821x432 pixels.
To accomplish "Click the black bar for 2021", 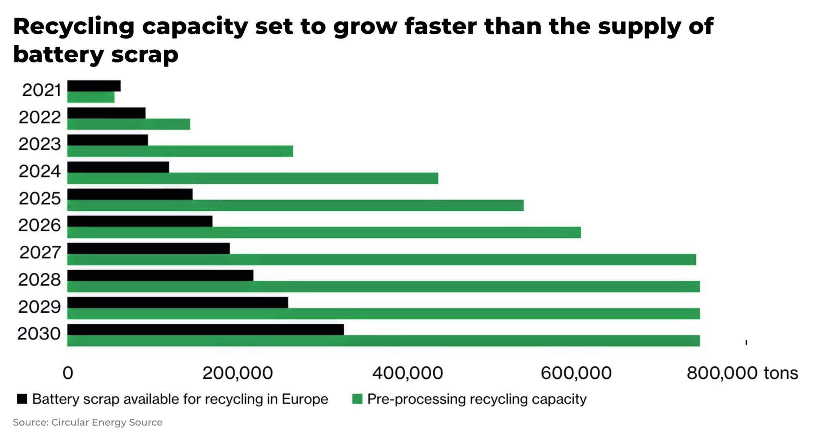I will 94,86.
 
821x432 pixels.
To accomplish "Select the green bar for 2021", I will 91,97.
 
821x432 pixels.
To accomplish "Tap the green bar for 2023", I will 180,151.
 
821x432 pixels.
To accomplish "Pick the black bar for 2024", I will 118,167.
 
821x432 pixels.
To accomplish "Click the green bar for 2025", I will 295,206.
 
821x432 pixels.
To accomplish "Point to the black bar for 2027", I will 148,248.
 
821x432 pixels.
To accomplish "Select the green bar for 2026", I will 324,232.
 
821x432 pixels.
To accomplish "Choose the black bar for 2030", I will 206,329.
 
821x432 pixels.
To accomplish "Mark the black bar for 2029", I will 178,303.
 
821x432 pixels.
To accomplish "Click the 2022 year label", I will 40,117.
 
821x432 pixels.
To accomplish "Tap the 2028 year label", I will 39,280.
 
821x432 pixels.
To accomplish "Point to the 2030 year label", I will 39,334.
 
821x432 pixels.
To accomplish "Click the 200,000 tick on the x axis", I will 237,373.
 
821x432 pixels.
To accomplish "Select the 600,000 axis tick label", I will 576,373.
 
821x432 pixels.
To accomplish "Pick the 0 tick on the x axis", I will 68,373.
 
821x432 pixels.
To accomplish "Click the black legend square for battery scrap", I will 22,399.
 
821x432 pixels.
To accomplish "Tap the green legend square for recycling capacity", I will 357,399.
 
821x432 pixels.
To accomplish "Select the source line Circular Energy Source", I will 87,422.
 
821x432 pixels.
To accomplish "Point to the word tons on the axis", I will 781,373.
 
